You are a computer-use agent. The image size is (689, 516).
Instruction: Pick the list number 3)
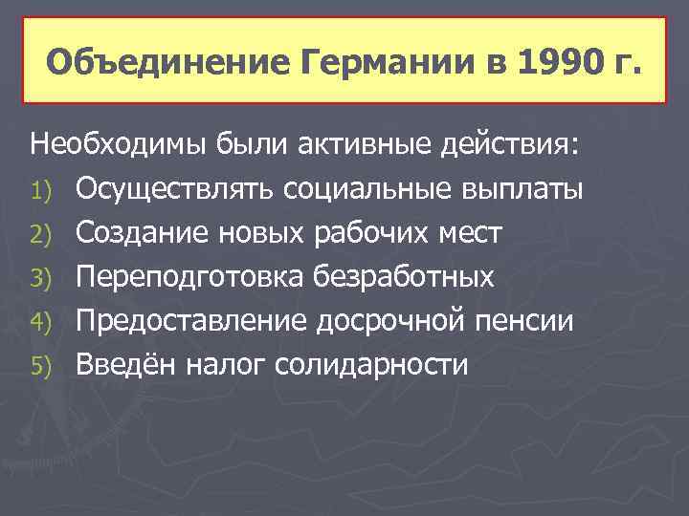(x=43, y=278)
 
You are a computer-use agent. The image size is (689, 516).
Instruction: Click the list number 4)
(x=43, y=322)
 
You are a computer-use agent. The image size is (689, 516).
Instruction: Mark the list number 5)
(x=43, y=366)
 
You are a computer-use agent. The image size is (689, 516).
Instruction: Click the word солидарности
(x=372, y=365)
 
